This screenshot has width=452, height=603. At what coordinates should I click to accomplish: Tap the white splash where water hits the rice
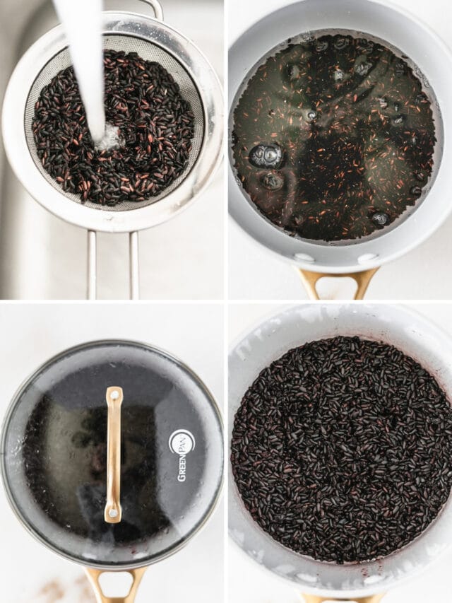tap(109, 138)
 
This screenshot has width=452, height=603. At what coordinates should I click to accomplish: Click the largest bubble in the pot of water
tap(266, 156)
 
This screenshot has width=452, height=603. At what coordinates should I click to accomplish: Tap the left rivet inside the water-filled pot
tap(304, 257)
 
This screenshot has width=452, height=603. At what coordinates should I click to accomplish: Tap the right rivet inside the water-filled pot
tap(368, 258)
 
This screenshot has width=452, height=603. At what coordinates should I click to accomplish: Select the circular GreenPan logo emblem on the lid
tap(182, 442)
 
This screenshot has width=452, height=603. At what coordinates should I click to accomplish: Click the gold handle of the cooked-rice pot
tap(339, 598)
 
